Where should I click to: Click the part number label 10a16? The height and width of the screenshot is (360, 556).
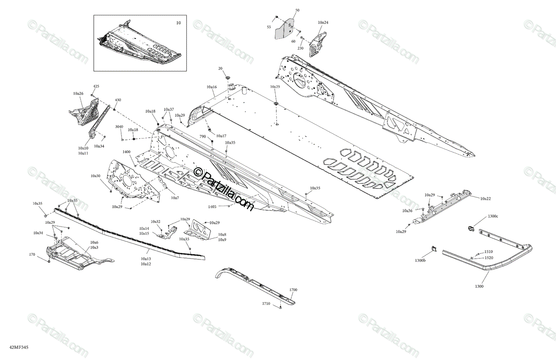[x=212, y=87]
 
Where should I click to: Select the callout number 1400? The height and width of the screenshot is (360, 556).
[x=126, y=152]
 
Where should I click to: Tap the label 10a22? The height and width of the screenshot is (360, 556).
[x=486, y=199]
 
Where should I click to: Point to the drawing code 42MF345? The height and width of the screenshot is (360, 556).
[x=19, y=347]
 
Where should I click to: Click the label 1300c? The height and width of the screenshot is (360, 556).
[x=493, y=216]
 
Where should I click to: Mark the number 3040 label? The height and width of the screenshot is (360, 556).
[x=119, y=126]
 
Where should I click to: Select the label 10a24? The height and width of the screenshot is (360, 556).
[x=323, y=22]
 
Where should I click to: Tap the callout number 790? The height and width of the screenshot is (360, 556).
[x=202, y=137]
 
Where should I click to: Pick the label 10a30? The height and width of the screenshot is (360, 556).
[x=95, y=176]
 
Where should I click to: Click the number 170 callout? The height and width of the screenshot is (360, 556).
[x=32, y=254]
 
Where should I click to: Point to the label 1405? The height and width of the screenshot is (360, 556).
[x=212, y=207]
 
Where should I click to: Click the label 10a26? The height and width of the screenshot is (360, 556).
[x=78, y=94]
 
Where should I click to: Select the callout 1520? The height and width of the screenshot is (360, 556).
[x=489, y=258]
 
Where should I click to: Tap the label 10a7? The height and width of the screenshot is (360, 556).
[x=175, y=198]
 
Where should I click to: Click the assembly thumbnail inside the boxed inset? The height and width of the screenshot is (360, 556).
[x=139, y=44]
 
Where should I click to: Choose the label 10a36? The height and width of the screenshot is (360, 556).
[x=407, y=211]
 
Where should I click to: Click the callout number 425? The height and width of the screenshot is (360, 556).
[x=96, y=87]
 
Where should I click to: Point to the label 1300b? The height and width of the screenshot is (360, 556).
[x=420, y=260]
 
